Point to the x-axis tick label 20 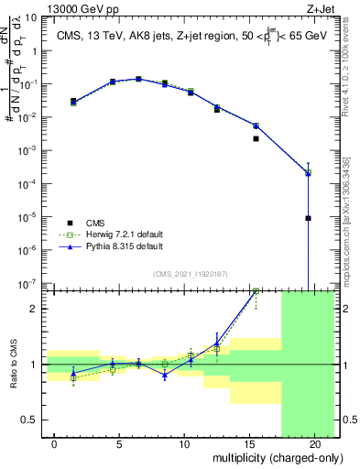(x=314, y=442)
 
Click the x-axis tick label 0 (x=55, y=442)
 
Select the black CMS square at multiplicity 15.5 (x=256, y=139)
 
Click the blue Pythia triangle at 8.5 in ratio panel (x=165, y=376)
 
